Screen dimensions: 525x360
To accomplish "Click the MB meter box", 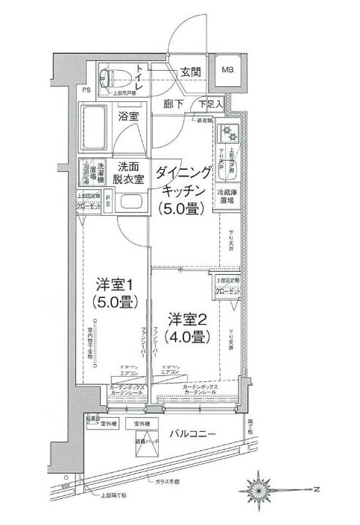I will coord(228,71).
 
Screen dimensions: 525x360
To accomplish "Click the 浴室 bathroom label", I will coord(128,116).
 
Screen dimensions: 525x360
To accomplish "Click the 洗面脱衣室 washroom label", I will coord(128,174).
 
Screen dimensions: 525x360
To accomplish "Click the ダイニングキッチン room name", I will coord(183,182).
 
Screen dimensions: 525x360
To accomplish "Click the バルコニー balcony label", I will coord(192,433).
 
